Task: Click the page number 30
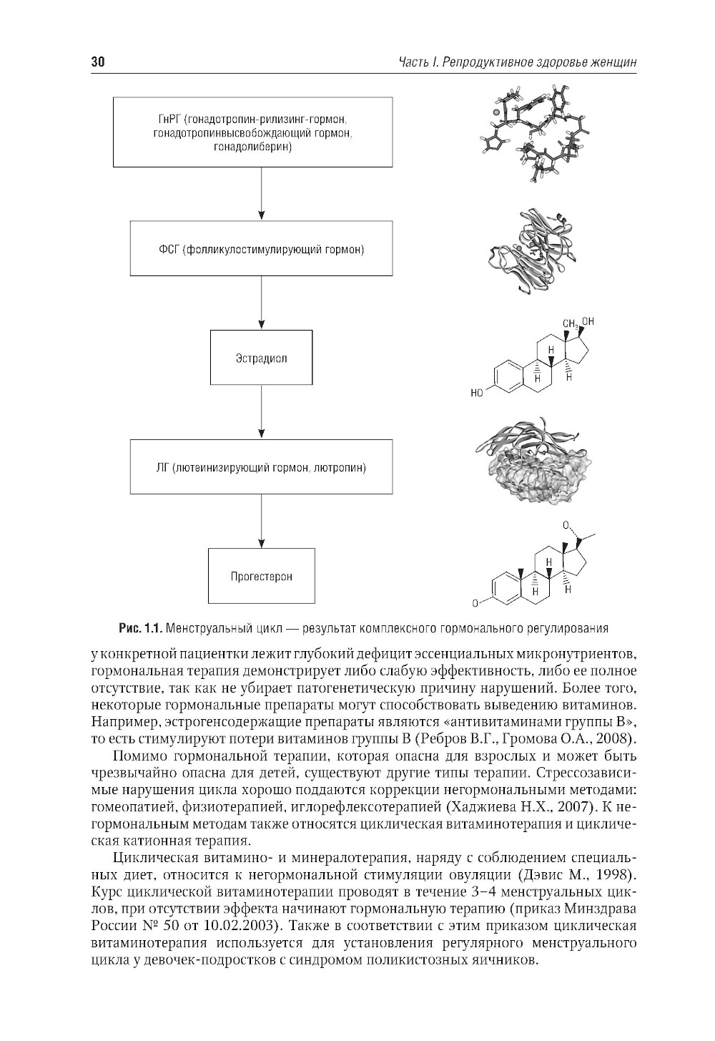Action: coord(98,64)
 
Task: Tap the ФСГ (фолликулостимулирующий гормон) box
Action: coord(261,249)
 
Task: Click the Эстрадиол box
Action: coord(261,358)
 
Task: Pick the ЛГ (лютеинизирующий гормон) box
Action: coord(261,468)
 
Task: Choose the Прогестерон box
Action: coord(261,576)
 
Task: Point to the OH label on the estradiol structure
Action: coord(587,322)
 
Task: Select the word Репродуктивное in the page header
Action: coord(485,64)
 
